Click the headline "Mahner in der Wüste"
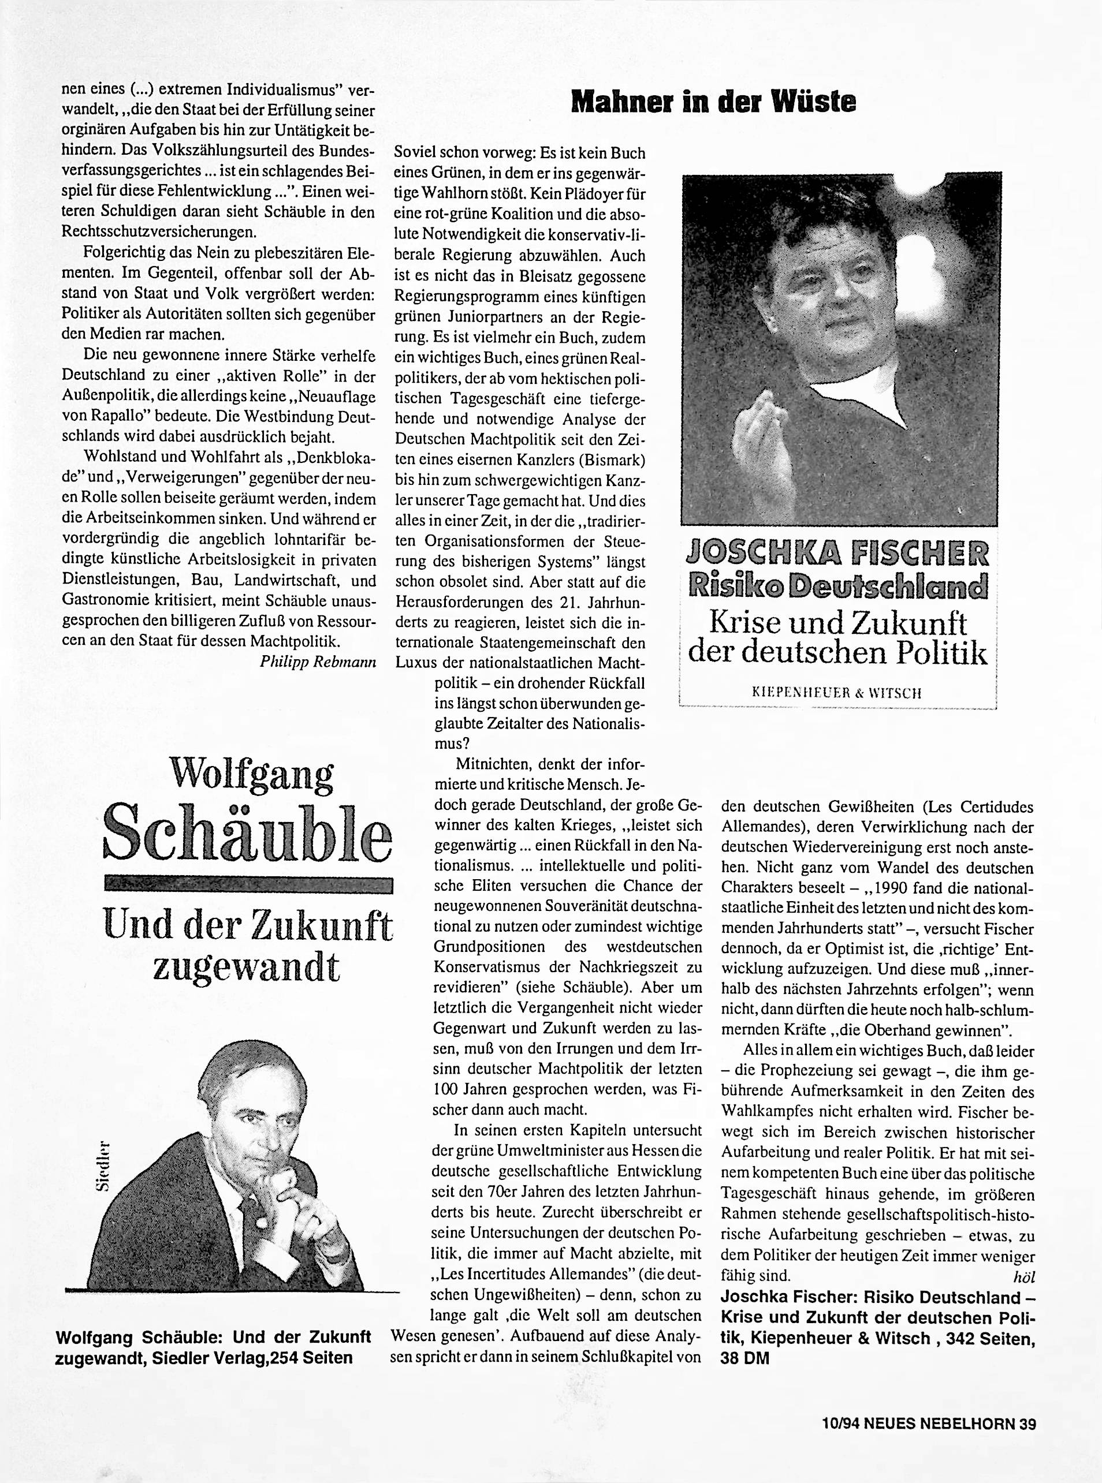(714, 102)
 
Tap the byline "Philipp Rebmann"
(318, 662)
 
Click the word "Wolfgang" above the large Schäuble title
(251, 774)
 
